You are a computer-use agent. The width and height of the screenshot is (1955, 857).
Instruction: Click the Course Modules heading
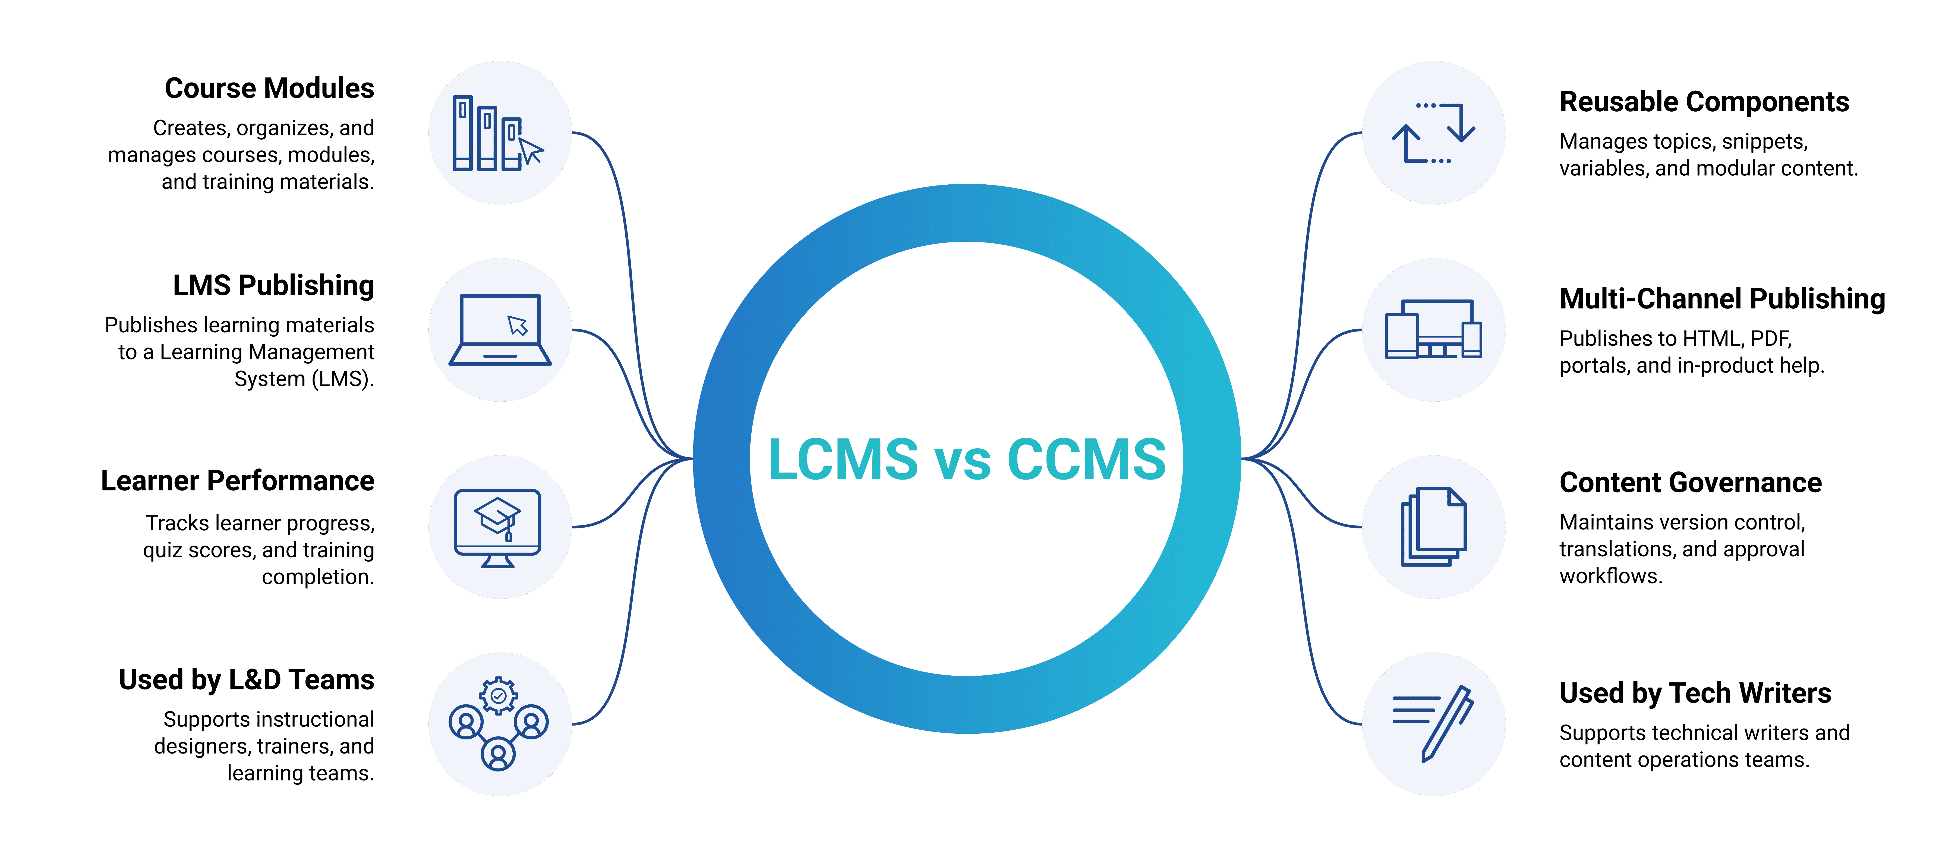pyautogui.click(x=269, y=89)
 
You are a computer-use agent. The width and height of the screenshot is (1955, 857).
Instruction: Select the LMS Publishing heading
pyautogui.click(x=273, y=286)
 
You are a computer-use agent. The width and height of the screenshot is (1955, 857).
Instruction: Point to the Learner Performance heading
pyautogui.click(x=238, y=481)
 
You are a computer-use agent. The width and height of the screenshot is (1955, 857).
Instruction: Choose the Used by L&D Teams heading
pyautogui.click(x=247, y=680)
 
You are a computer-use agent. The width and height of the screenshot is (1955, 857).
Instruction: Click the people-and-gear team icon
pyautogui.click(x=499, y=723)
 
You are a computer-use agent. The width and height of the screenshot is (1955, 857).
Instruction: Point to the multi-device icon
pyautogui.click(x=1433, y=330)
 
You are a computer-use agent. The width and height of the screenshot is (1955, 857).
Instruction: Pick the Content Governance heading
pyautogui.click(x=1690, y=483)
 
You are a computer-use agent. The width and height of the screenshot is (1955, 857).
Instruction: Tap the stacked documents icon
pyautogui.click(x=1433, y=527)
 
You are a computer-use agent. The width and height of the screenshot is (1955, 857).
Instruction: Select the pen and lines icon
pyautogui.click(x=1433, y=723)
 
